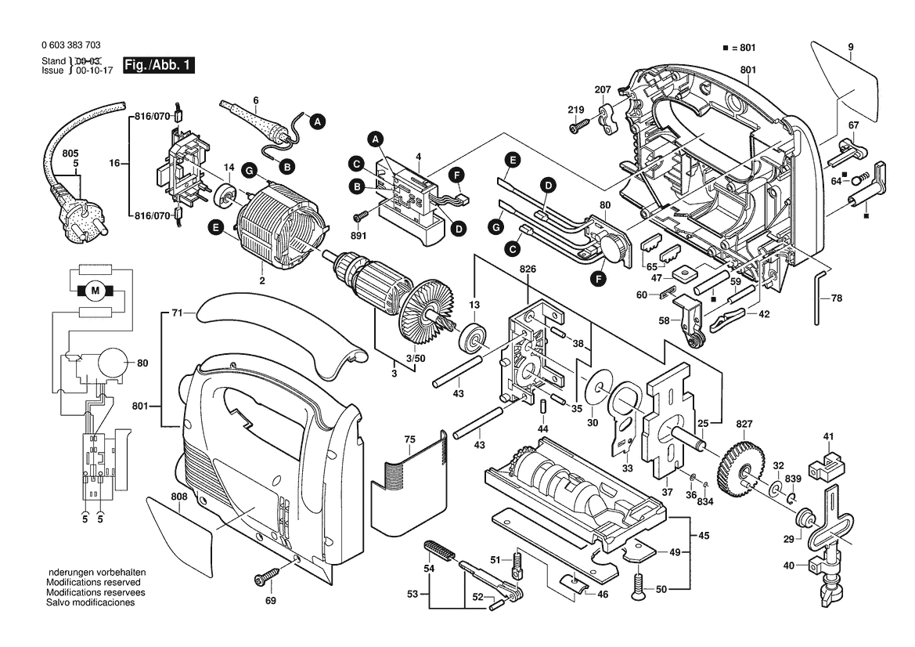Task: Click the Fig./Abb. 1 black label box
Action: (158, 65)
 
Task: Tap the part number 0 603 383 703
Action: (70, 45)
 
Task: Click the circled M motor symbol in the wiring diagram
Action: (96, 291)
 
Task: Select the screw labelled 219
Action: (580, 123)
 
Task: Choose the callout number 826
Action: (528, 269)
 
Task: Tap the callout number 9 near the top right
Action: (850, 45)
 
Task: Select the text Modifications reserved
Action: (93, 583)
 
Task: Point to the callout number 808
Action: (178, 497)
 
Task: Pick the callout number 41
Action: (828, 436)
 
